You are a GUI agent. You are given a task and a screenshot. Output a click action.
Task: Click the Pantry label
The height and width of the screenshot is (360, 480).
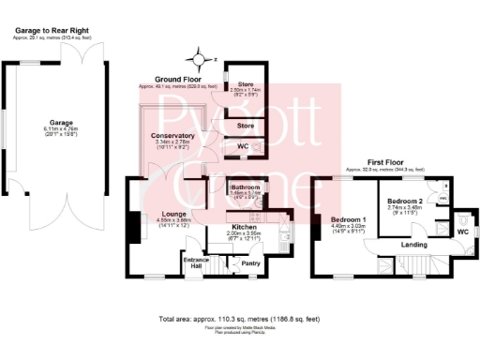(x=250, y=263)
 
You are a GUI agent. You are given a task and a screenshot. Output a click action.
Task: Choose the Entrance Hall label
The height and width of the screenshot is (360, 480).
(x=195, y=261)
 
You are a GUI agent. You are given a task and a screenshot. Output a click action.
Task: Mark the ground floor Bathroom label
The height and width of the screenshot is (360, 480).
(x=246, y=187)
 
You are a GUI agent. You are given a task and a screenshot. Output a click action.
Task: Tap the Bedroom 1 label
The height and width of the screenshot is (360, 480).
(x=348, y=218)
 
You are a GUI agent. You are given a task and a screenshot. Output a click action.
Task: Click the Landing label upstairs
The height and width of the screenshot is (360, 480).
(x=414, y=246)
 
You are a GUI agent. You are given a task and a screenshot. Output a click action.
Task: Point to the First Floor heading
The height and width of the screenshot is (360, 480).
(x=388, y=161)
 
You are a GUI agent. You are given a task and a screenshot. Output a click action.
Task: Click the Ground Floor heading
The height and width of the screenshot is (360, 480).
(x=177, y=79)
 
